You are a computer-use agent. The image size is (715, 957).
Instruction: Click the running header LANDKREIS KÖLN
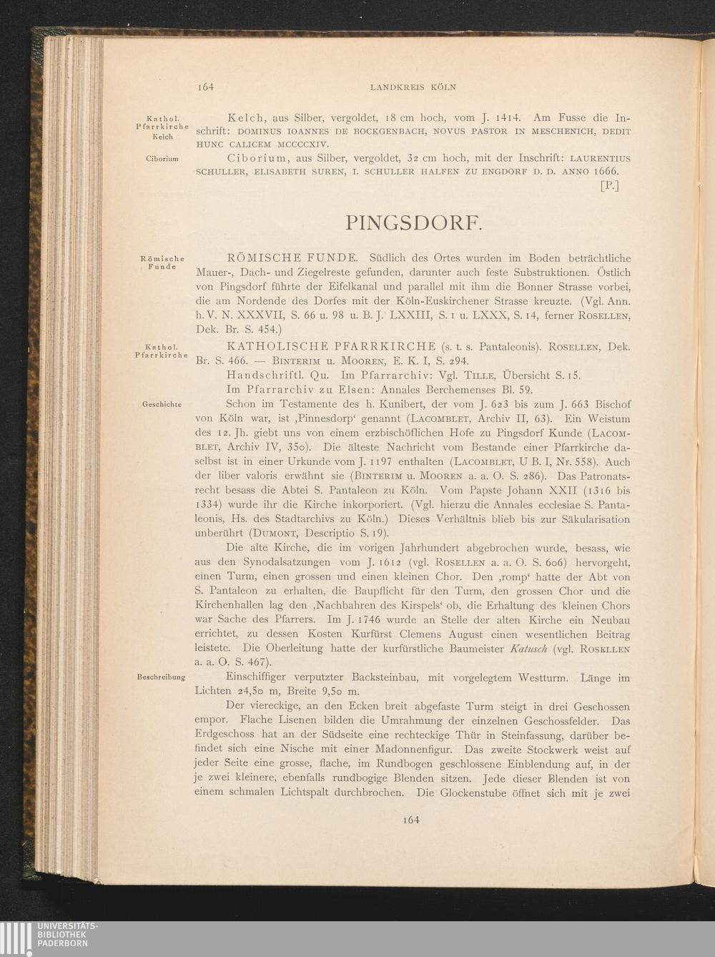(x=413, y=87)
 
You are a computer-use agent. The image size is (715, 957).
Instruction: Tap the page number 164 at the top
(x=206, y=87)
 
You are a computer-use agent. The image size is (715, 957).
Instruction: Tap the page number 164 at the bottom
(x=410, y=820)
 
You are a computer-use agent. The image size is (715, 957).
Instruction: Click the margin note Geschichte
(x=162, y=404)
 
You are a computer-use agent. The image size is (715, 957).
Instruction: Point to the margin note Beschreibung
(x=161, y=677)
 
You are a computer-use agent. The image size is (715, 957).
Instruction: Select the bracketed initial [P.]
(x=609, y=187)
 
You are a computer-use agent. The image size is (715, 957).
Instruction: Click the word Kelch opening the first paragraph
(x=247, y=117)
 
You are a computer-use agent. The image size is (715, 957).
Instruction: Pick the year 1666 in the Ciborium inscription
(x=605, y=172)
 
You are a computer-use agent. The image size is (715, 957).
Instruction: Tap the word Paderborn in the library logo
(x=64, y=943)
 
